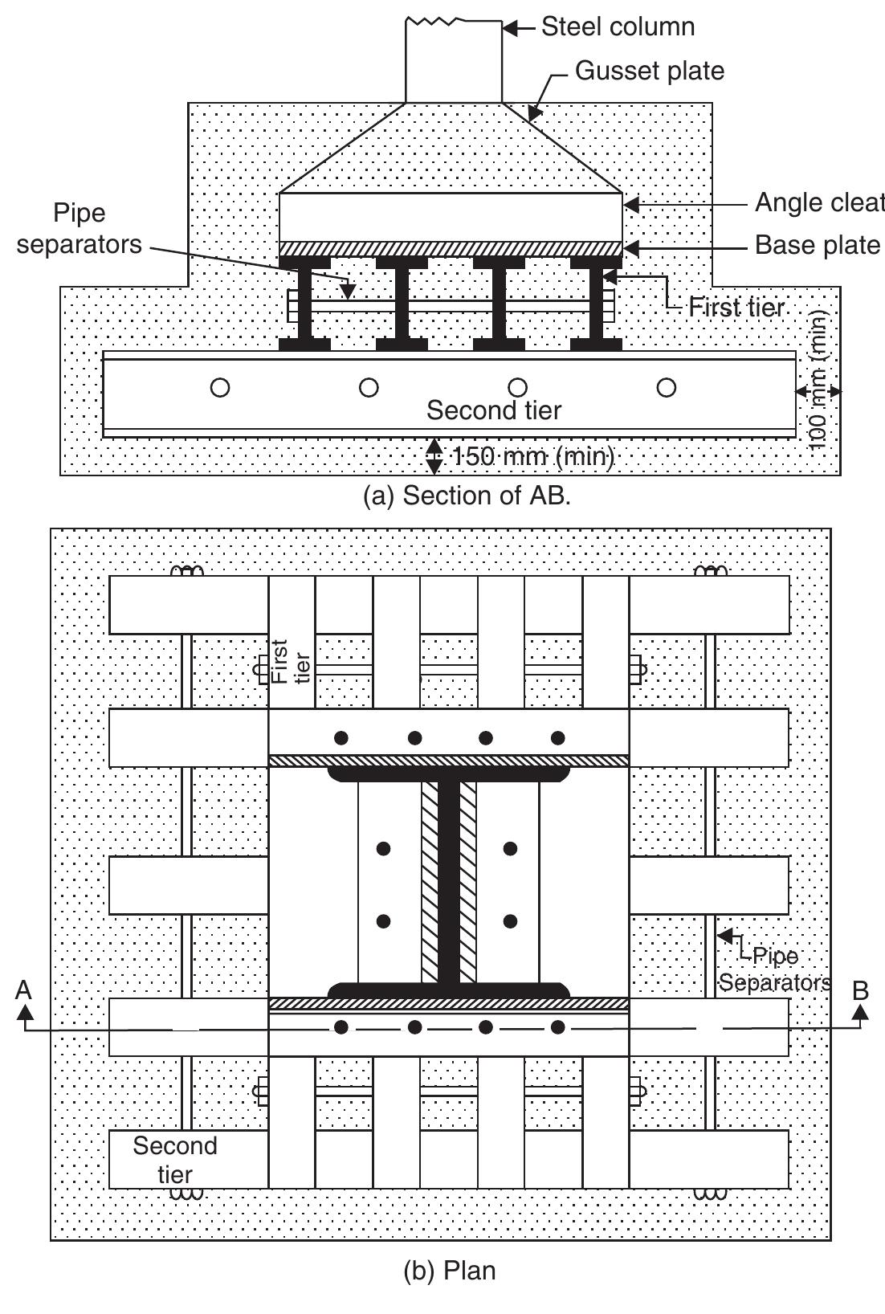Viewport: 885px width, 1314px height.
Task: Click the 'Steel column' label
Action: point(618,27)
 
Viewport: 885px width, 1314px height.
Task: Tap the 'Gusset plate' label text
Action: point(649,71)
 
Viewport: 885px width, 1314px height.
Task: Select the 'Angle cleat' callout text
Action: point(818,204)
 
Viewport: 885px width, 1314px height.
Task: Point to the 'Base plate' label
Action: point(817,245)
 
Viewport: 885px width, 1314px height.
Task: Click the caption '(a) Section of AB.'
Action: point(467,496)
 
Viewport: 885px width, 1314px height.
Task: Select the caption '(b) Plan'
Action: point(449,1271)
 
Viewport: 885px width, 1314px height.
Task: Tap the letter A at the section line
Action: point(23,990)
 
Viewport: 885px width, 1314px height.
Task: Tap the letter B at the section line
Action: point(860,990)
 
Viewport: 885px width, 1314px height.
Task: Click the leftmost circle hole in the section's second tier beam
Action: point(219,388)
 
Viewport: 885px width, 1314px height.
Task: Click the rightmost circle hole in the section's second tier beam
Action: point(666,388)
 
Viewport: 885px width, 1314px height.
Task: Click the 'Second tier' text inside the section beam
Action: point(493,410)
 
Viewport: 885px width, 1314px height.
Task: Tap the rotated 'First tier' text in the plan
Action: point(290,661)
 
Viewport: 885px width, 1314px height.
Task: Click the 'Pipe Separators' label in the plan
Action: point(773,969)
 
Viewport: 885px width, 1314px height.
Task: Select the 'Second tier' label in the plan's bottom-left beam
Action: point(174,1160)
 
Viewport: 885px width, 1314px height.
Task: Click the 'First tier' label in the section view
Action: point(736,307)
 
